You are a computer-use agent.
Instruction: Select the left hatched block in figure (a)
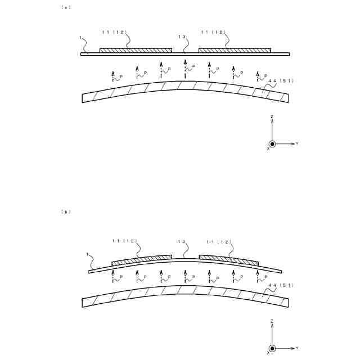(136, 51)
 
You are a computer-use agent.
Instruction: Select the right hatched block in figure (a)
(235, 51)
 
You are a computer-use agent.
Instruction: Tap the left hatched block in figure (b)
(142, 259)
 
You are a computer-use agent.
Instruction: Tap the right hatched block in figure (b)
(229, 259)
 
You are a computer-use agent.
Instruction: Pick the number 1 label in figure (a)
(81, 39)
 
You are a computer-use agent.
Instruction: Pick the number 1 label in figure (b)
(89, 254)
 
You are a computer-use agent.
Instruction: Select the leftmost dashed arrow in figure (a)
(113, 76)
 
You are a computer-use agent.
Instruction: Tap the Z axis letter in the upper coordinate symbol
(272, 116)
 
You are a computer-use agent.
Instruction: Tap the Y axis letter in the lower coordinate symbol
(296, 348)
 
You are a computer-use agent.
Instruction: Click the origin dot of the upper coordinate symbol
(272, 143)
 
